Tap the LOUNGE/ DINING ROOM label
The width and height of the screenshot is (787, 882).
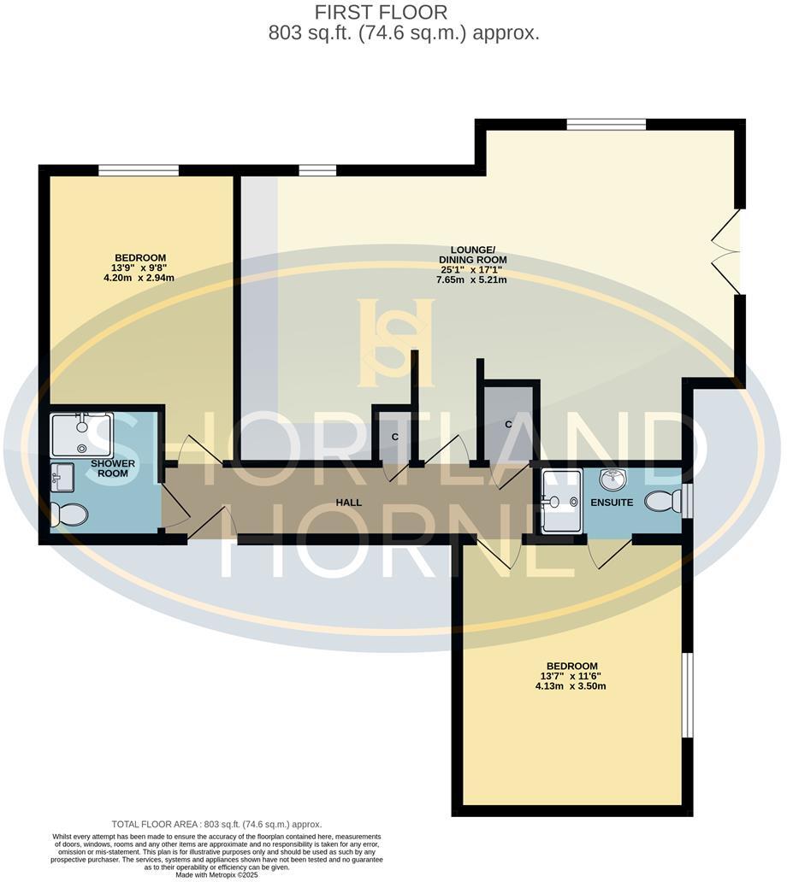coord(472,254)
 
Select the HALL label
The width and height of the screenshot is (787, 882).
coord(348,503)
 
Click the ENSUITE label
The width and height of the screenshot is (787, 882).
coord(612,503)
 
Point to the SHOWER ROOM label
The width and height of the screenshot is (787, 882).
coord(113,467)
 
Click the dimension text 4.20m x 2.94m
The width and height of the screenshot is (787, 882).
coord(140,278)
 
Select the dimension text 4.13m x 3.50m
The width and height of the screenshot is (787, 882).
coord(571,686)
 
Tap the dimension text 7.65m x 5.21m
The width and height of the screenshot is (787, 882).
coord(472,279)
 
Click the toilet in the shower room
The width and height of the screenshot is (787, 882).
coord(69,514)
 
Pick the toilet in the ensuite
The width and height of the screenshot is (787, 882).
coord(663,502)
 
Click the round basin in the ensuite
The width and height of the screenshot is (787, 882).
coord(612,479)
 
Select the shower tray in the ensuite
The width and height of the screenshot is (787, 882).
coord(561,500)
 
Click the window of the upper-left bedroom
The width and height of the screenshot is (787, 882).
coord(138,170)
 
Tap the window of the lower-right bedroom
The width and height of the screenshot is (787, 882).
coord(685,695)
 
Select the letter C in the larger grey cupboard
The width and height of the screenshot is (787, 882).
coord(508,424)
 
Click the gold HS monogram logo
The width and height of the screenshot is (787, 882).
coord(395,342)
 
